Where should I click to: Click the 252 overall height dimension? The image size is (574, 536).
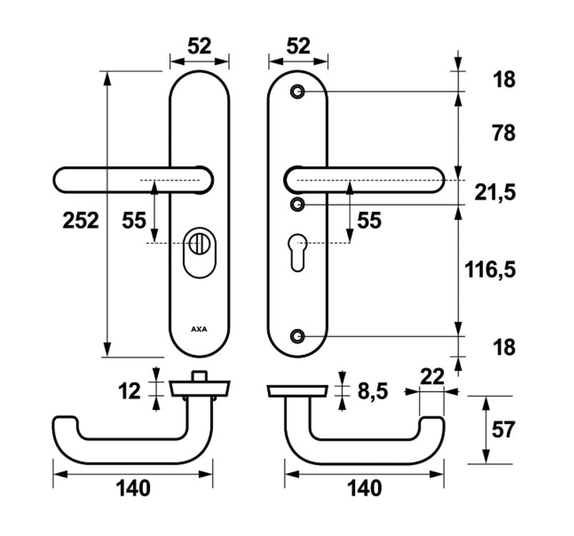(x=80, y=220)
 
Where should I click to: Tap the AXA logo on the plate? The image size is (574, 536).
(x=199, y=330)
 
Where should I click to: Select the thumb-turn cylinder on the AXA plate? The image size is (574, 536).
(x=199, y=247)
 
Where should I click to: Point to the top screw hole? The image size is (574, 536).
(x=297, y=92)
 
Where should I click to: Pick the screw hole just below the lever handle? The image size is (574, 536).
(x=297, y=205)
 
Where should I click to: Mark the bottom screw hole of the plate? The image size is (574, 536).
(x=297, y=336)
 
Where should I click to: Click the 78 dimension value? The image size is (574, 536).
(x=504, y=133)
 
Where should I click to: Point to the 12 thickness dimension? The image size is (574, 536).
(x=130, y=391)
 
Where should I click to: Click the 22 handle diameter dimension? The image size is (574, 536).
(x=432, y=376)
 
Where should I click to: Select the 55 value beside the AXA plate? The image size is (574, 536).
(x=134, y=220)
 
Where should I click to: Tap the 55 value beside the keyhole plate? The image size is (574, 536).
(x=369, y=220)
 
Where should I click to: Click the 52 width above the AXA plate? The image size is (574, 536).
(x=199, y=46)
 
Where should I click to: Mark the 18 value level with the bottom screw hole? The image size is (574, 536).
(x=504, y=348)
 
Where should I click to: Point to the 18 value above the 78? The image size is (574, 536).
(x=504, y=79)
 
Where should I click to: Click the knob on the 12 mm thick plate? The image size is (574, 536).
(x=200, y=376)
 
